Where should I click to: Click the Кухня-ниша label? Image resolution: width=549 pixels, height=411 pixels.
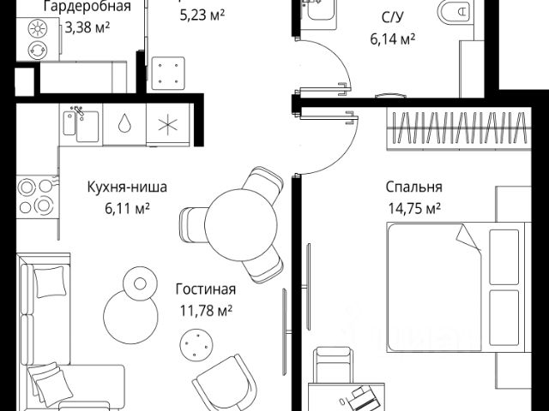127,186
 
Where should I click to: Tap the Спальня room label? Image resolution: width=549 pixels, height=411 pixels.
414,186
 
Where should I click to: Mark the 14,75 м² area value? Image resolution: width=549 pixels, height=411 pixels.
413,206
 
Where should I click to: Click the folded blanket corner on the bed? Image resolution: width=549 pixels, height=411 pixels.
468,239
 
